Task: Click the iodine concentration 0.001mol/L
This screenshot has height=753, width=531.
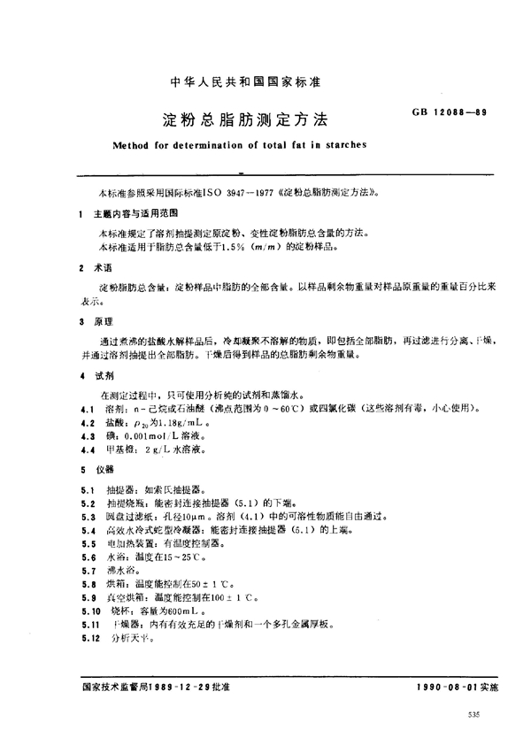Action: click(152, 437)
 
